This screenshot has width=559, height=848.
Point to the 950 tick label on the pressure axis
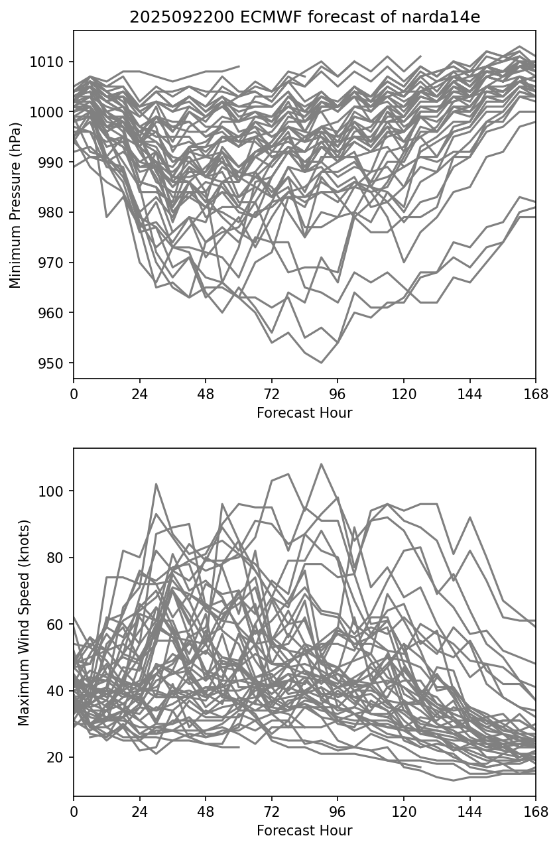(x=54, y=363)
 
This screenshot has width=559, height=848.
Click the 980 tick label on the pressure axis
(x=54, y=213)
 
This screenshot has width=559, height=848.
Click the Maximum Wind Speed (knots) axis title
(x=23, y=622)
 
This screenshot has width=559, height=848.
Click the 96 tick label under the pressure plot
(x=338, y=394)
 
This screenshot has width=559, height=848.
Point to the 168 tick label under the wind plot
(x=535, y=812)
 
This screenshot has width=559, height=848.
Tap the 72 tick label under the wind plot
(x=271, y=812)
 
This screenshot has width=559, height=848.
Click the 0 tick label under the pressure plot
(x=74, y=394)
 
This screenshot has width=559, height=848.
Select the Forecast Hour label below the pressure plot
(x=304, y=413)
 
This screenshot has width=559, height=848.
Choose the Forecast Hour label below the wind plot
(x=304, y=831)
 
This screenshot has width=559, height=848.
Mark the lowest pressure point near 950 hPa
(x=321, y=363)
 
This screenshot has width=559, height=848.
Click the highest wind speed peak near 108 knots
(x=321, y=464)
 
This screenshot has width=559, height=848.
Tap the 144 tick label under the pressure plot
(x=469, y=394)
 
